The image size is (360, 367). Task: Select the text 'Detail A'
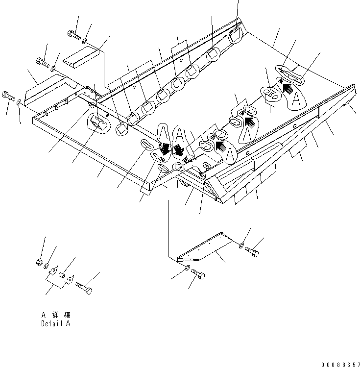55,324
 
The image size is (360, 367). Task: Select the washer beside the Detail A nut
48,266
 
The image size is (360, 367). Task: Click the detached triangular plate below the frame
203,247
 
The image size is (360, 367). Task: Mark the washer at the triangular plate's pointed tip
188,267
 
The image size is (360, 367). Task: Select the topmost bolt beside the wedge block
72,34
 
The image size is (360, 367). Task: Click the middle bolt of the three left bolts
43,62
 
